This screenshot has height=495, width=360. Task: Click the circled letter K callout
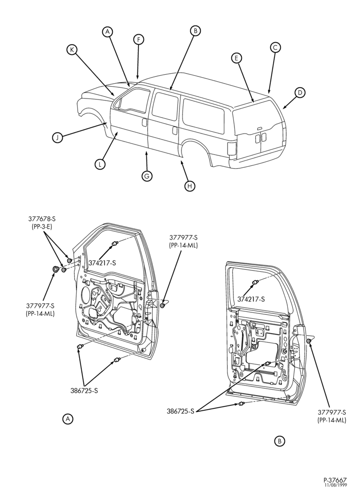[72, 50]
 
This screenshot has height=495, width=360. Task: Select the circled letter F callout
[138, 40]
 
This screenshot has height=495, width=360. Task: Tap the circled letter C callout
[275, 48]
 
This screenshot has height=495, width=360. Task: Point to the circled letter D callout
[300, 93]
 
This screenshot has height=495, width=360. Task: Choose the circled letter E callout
[236, 58]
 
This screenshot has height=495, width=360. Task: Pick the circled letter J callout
[57, 138]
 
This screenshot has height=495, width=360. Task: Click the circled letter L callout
[100, 164]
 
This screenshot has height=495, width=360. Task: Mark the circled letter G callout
[147, 176]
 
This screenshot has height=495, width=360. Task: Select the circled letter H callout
[189, 186]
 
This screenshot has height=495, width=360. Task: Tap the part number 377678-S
[40, 218]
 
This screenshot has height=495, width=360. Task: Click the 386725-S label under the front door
[84, 391]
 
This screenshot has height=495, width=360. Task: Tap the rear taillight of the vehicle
[232, 148]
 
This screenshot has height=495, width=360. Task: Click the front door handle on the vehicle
[144, 122]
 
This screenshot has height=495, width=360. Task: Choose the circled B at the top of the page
[195, 31]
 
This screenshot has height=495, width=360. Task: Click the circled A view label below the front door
[67, 419]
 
